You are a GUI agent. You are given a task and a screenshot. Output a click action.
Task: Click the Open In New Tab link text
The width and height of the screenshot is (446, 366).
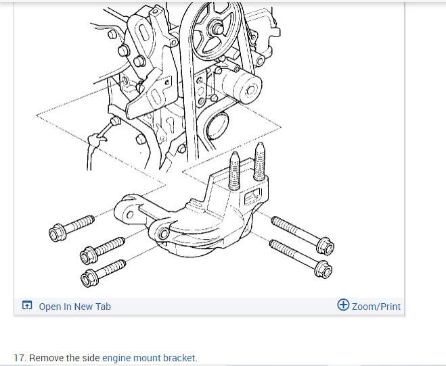click(74, 307)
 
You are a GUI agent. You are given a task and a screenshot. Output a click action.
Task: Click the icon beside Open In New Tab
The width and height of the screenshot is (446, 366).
click(27, 306)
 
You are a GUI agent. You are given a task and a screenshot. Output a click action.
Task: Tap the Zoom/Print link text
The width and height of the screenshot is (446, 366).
click(376, 307)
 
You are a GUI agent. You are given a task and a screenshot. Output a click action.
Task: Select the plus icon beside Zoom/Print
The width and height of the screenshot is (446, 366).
click(343, 305)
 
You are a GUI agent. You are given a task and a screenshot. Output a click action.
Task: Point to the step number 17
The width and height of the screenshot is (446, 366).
click(20, 358)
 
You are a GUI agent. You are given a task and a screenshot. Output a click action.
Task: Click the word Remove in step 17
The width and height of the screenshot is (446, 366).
click(47, 358)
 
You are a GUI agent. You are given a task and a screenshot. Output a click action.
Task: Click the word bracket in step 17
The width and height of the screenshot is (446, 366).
click(179, 358)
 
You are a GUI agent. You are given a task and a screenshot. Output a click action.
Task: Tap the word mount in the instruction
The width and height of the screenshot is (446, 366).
click(147, 358)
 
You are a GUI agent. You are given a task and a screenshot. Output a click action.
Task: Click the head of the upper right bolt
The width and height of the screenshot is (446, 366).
click(324, 244)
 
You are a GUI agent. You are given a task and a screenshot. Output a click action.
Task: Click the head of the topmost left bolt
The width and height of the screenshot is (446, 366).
click(57, 234)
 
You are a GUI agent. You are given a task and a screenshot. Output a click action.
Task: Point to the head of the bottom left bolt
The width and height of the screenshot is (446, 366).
click(88, 277)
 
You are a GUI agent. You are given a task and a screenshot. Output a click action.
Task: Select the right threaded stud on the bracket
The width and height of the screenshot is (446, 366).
click(260, 166)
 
